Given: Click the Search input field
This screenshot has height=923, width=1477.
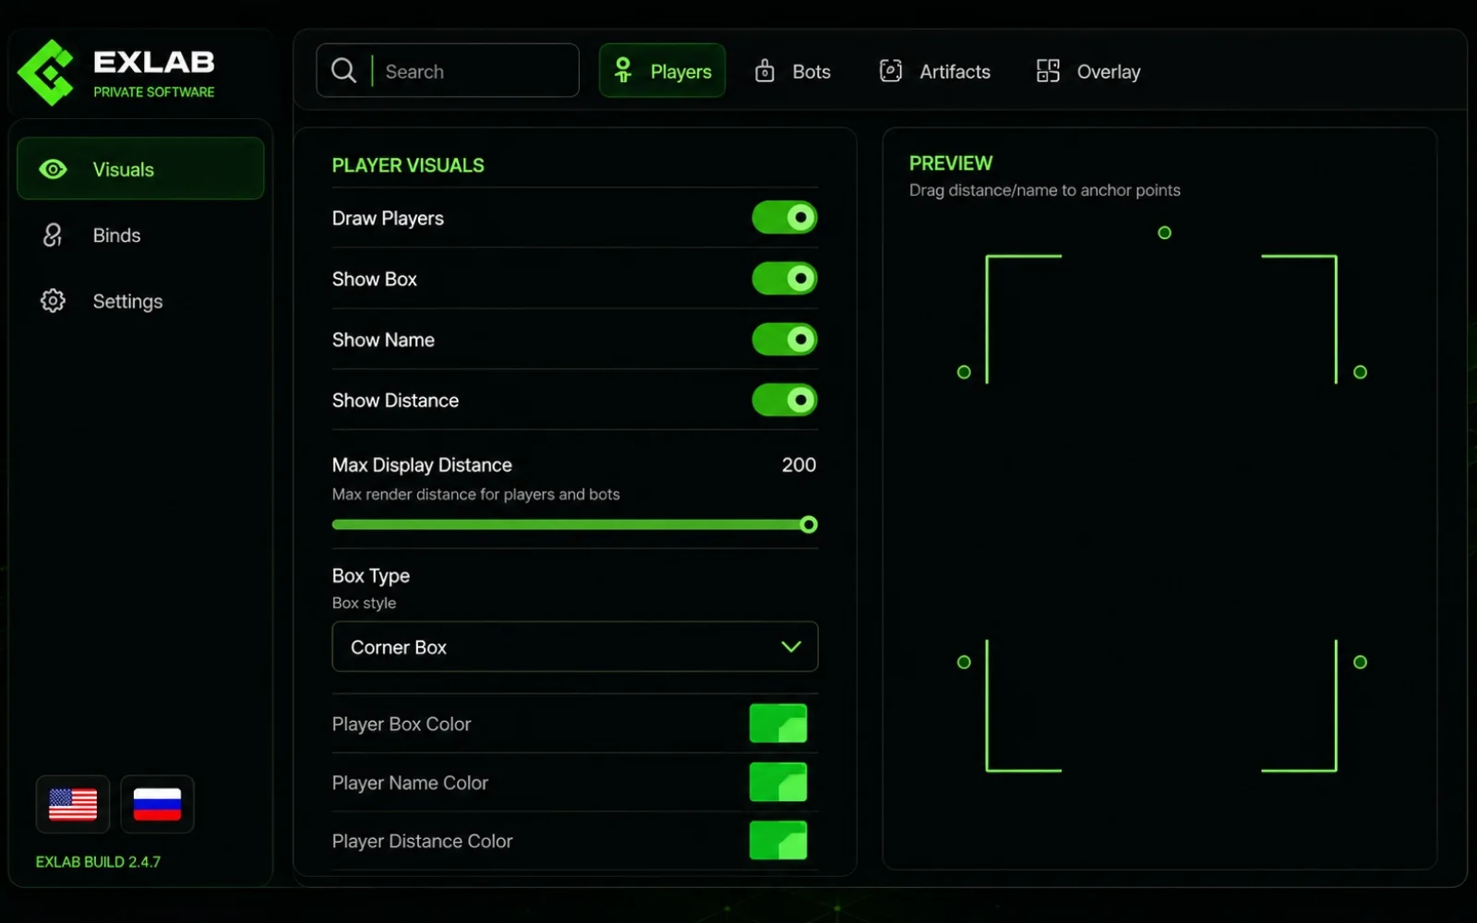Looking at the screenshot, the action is pyautogui.click(x=448, y=70).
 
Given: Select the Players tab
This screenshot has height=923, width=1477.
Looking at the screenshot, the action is pyautogui.click(x=662, y=70).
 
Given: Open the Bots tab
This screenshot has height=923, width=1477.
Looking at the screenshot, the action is pyautogui.click(x=792, y=71).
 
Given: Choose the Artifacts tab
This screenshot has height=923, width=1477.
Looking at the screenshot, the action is pyautogui.click(x=935, y=71).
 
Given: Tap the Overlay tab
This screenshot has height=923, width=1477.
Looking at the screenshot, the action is pyautogui.click(x=1088, y=71).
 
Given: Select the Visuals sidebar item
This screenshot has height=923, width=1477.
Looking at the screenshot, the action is pyautogui.click(x=140, y=169).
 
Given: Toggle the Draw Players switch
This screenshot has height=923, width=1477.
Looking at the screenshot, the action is pyautogui.click(x=785, y=218).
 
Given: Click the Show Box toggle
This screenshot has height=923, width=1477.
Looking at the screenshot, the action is pyautogui.click(x=785, y=278).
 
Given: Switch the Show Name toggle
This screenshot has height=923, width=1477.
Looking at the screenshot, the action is pyautogui.click(x=785, y=340).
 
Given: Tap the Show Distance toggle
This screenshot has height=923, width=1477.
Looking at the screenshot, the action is pyautogui.click(x=785, y=401).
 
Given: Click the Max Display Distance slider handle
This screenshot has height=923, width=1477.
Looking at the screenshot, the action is pyautogui.click(x=809, y=525).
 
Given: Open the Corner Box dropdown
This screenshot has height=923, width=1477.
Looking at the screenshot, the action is pyautogui.click(x=575, y=647).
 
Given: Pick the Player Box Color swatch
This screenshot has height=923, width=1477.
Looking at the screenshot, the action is pyautogui.click(x=778, y=724).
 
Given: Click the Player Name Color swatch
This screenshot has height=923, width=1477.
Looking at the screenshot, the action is pyautogui.click(x=778, y=782).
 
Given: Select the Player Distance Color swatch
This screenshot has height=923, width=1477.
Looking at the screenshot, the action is pyautogui.click(x=778, y=841).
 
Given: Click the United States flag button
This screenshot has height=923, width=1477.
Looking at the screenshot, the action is pyautogui.click(x=73, y=804).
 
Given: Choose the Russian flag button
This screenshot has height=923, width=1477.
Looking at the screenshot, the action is pyautogui.click(x=157, y=804).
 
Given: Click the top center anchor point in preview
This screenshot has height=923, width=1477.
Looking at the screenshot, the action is pyautogui.click(x=1164, y=233).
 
